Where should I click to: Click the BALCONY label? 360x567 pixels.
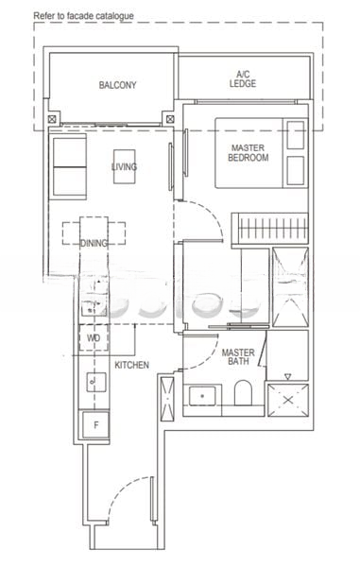(118, 85)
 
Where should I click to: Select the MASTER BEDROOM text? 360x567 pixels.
(249, 152)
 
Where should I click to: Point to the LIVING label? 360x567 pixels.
(124, 167)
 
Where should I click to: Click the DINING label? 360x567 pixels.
(94, 243)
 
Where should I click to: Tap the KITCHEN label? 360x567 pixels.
(131, 364)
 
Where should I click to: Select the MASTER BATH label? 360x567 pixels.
(237, 358)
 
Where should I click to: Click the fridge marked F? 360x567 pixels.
(95, 424)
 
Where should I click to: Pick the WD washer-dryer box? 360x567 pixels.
(94, 337)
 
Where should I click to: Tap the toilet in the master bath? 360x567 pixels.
(242, 395)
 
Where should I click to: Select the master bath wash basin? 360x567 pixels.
(201, 396)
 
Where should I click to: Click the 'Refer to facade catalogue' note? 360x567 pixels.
(83, 16)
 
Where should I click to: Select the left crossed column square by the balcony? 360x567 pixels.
(52, 120)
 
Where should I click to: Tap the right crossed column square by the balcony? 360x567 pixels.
(169, 120)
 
